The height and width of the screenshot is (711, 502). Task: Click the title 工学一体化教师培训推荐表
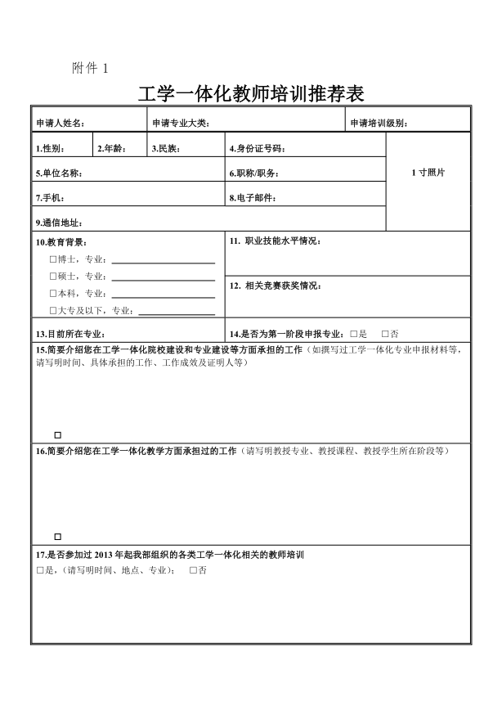(x=251, y=93)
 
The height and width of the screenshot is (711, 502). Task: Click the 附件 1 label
(x=89, y=67)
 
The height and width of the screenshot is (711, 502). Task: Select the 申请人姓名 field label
(x=61, y=124)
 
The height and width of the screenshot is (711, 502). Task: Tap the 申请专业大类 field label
(x=182, y=124)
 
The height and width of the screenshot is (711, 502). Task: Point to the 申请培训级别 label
(x=379, y=124)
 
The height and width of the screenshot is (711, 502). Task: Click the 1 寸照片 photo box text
(x=428, y=173)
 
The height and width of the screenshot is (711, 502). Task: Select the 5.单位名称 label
(x=59, y=173)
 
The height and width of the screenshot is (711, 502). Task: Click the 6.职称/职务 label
(x=254, y=173)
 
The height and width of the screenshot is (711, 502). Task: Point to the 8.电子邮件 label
(x=253, y=198)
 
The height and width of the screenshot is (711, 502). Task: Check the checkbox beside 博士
(x=52, y=260)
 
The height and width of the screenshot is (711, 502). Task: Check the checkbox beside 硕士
(x=52, y=277)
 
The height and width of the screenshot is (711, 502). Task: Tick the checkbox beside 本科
(x=52, y=293)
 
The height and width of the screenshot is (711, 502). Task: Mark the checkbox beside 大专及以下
(x=52, y=310)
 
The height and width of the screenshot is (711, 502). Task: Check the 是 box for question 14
(x=352, y=334)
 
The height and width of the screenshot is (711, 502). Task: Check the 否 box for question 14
(x=384, y=334)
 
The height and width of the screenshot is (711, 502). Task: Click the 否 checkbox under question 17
(x=193, y=569)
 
